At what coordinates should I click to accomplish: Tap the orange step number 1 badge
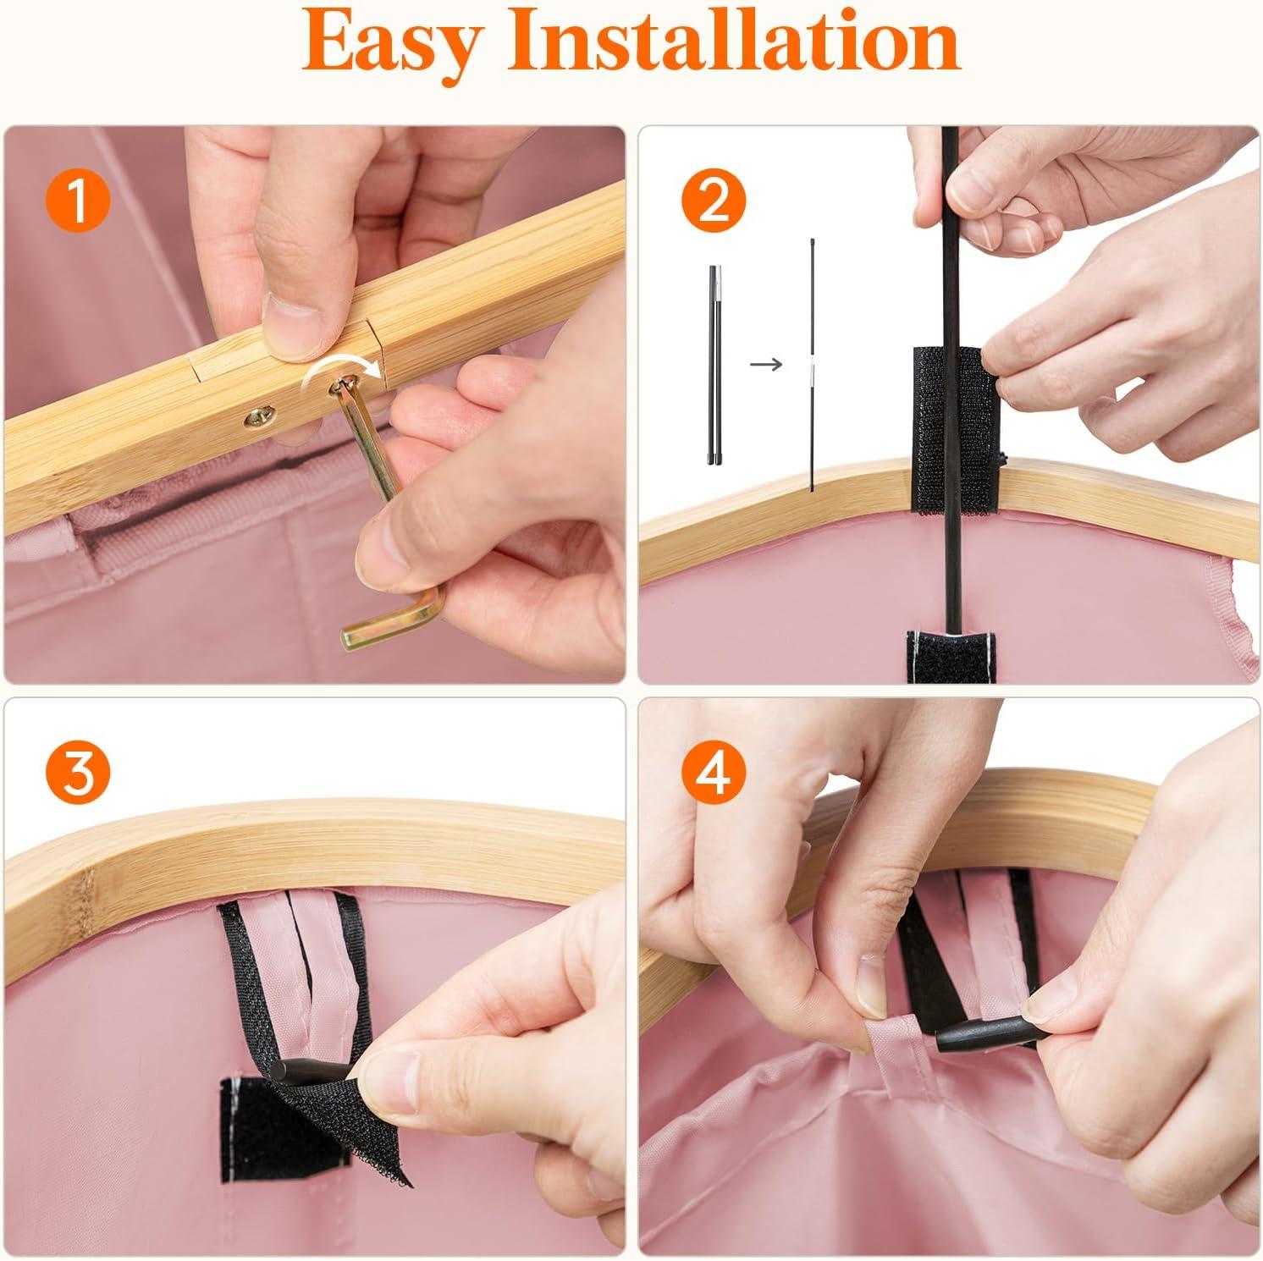77,202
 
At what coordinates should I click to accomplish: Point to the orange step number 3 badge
77,774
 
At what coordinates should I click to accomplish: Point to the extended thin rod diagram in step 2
812,365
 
